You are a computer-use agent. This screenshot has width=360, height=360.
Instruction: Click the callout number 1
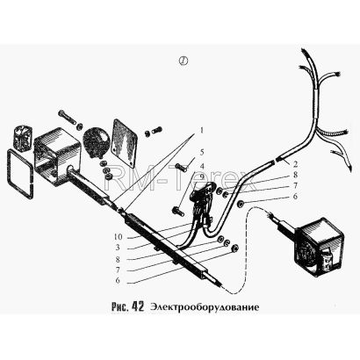click(x=202, y=130)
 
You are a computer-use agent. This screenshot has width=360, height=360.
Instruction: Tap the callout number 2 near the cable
click(x=295, y=163)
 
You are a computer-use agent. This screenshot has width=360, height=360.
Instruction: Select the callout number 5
click(x=202, y=153)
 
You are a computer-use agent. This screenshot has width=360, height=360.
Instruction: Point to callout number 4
click(x=202, y=166)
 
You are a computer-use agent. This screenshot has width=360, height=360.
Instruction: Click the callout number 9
click(x=202, y=176)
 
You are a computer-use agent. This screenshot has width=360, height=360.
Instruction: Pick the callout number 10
click(x=118, y=236)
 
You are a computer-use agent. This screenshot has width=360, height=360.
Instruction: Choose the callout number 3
click(x=118, y=248)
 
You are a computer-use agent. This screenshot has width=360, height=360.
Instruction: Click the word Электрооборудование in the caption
click(x=205, y=307)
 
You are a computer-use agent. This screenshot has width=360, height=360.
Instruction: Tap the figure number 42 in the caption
click(x=138, y=306)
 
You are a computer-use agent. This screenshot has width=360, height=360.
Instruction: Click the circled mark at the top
click(x=183, y=61)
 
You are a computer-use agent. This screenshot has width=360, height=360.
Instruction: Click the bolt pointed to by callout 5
click(x=181, y=168)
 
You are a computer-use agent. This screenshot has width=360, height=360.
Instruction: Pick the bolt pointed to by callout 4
click(x=178, y=211)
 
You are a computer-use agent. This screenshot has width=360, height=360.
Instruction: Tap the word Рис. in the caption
click(x=120, y=306)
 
